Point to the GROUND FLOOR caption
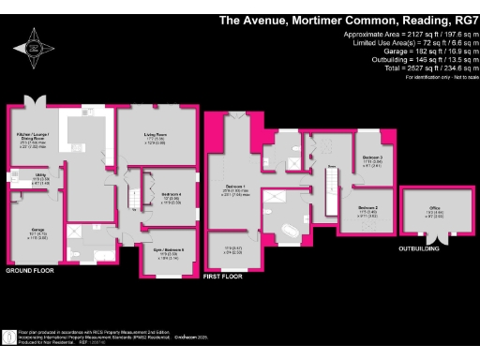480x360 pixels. click(x=31, y=271)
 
